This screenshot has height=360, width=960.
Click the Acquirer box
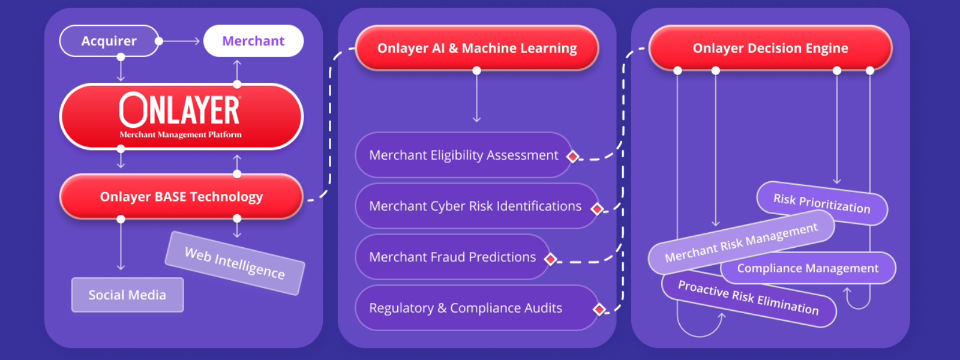click(109, 41)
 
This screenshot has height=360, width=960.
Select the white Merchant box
click(253, 41)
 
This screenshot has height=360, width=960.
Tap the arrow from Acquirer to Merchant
click(180, 41)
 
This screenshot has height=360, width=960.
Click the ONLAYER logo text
click(180, 110)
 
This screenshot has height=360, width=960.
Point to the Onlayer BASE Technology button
click(181, 197)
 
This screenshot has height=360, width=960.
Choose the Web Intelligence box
click(235, 263)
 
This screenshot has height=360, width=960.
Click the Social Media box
click(127, 295)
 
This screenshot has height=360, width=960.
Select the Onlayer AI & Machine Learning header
click(477, 48)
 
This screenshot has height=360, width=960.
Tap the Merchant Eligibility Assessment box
click(463, 155)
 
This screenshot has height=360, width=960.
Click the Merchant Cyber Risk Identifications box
click(475, 206)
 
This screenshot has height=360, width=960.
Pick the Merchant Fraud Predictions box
click(452, 257)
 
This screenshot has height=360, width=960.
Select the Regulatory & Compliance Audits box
click(466, 308)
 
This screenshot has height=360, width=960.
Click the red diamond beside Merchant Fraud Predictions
click(550, 259)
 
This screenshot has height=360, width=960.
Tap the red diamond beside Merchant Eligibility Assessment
click(573, 157)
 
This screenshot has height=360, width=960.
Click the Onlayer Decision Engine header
click(770, 48)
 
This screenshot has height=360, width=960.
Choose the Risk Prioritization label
click(821, 203)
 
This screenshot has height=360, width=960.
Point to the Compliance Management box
click(808, 268)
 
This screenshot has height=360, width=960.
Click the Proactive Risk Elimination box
click(748, 298)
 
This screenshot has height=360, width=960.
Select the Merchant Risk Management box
click(741, 242)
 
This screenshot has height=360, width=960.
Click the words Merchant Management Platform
click(181, 134)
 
